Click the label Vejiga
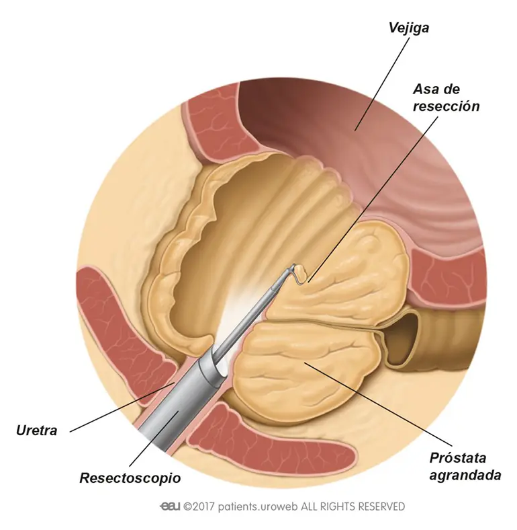pos(408,28)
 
